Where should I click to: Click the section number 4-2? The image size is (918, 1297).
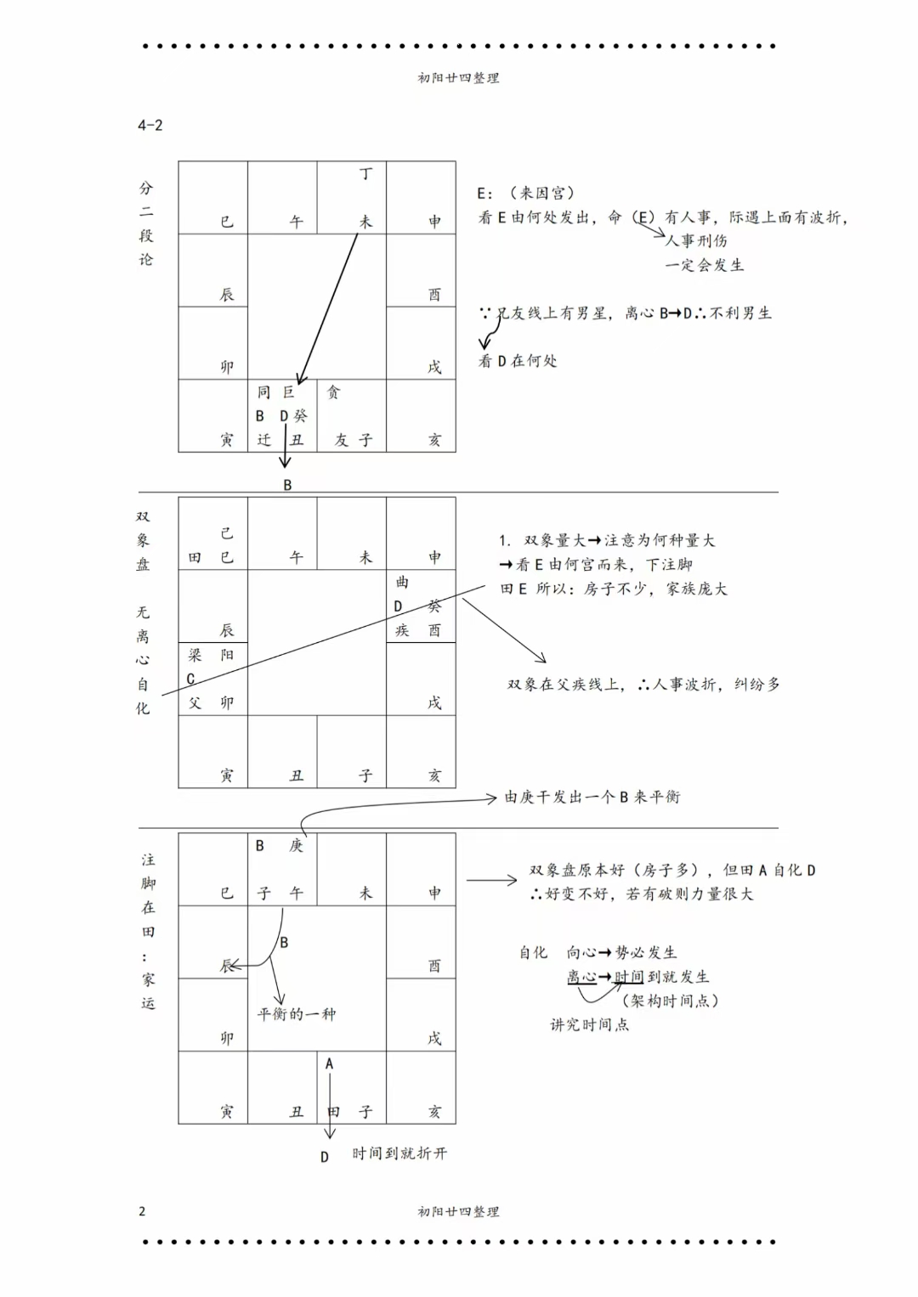150,125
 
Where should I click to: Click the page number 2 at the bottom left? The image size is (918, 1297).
142,1210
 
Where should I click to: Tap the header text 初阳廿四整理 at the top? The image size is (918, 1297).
458,77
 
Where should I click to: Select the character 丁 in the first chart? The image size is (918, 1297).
365,173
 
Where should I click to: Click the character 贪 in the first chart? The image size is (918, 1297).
333,392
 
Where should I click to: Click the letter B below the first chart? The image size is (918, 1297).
287,485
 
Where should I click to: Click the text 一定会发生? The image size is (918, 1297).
704,265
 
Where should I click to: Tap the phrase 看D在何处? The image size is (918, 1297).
518,361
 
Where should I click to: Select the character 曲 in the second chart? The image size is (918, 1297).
402,582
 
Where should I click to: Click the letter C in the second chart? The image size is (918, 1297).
190,679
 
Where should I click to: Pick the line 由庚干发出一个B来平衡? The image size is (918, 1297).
592,797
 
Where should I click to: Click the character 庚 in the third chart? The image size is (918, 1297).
296,845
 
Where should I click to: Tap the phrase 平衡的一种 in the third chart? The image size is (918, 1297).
297,1013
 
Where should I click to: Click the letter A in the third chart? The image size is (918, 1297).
329,1063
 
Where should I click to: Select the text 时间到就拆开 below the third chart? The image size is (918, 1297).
399,1153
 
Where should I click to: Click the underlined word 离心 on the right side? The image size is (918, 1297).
582,977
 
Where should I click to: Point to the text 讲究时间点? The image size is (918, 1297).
589,1024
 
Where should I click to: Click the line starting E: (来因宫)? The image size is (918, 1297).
526,193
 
